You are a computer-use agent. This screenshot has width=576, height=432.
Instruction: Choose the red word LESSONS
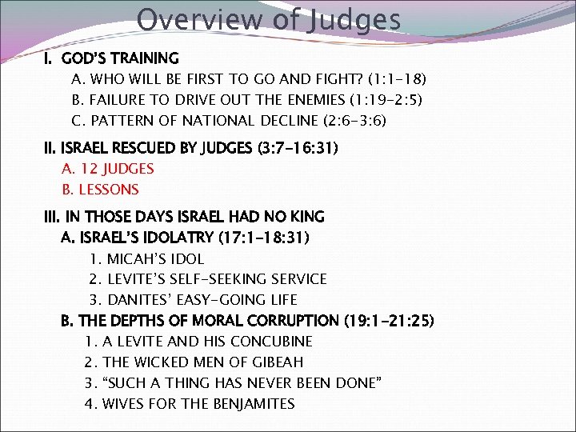point(108,190)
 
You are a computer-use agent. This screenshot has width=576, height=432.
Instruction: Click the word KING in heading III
point(307,217)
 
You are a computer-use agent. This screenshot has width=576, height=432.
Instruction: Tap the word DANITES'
point(139,300)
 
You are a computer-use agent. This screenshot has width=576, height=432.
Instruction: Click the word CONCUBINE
point(273,342)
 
